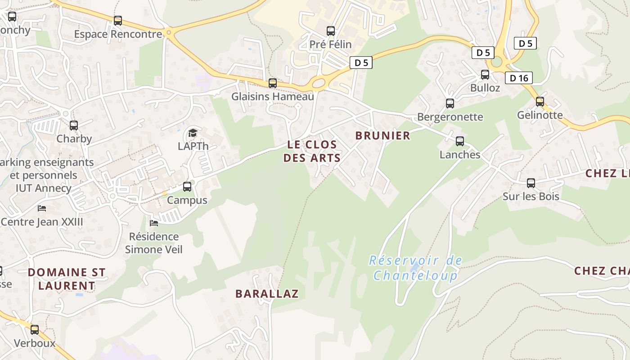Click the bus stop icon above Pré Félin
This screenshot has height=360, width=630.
click(331, 31)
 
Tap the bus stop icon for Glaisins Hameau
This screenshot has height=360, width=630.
click(273, 83)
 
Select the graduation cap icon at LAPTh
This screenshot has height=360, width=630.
click(193, 133)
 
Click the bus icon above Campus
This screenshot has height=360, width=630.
click(187, 187)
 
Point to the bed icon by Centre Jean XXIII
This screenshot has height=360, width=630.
click(42, 208)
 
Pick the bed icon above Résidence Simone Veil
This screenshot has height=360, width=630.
click(154, 223)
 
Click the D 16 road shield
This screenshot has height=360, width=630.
click(518, 78)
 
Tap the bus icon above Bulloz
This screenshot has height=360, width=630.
click(485, 75)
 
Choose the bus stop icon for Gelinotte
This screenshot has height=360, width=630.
click(540, 102)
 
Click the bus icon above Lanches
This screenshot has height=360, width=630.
click(460, 141)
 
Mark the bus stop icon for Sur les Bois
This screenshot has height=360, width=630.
click(531, 183)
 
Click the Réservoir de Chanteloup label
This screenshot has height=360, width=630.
click(415, 268)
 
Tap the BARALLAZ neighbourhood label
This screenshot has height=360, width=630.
click(267, 294)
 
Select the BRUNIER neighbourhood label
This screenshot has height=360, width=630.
click(382, 135)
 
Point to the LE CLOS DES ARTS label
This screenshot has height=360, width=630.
click(312, 151)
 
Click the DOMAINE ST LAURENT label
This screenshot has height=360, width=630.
click(67, 279)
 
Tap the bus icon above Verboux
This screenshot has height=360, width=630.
click(35, 330)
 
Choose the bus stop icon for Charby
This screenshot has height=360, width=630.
click(74, 126)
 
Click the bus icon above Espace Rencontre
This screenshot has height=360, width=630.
click(118, 21)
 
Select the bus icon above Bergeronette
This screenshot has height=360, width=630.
click(450, 103)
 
